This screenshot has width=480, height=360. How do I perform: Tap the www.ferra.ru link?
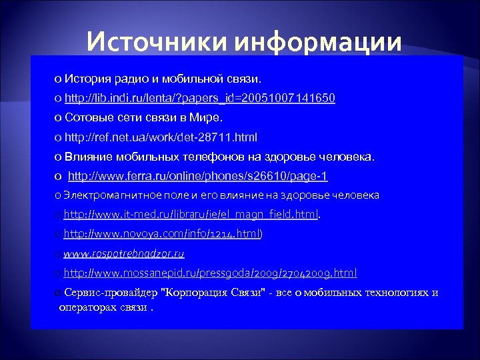pyautogui.click(x=198, y=176)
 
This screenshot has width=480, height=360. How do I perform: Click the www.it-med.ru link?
pyautogui.click(x=191, y=215)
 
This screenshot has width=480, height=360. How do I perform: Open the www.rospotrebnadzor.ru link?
pyautogui.click(x=124, y=253)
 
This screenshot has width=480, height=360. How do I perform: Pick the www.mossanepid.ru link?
pyautogui.click(x=210, y=273)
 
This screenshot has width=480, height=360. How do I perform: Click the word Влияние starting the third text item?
pyautogui.click(x=89, y=157)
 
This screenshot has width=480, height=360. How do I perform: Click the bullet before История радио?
pyautogui.click(x=58, y=80)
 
